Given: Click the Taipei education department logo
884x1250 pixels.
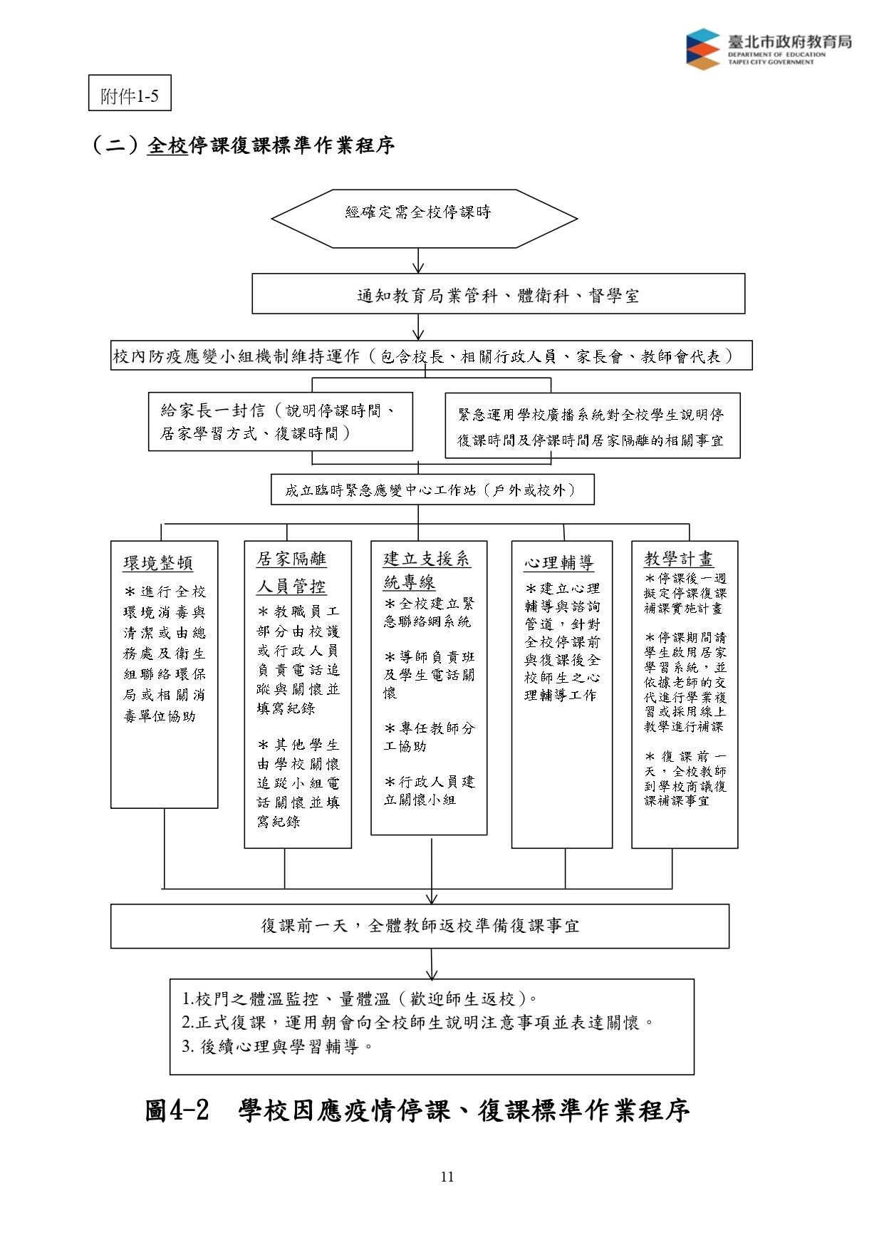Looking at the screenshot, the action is click(769, 49).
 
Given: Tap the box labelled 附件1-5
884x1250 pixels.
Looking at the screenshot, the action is click(130, 93).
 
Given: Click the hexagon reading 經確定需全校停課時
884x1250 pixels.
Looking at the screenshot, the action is click(425, 219).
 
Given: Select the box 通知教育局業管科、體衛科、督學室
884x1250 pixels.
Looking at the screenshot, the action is click(499, 294).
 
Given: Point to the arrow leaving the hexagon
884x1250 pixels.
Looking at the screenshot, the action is click(418, 261).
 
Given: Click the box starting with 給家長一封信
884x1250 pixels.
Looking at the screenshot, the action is click(281, 421).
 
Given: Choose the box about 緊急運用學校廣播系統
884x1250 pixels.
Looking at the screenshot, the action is click(593, 425).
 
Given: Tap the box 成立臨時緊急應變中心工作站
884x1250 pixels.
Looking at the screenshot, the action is click(432, 490).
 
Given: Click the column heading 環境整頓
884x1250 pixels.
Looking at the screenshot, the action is click(158, 563).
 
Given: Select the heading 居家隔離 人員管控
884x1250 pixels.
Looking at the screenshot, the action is click(292, 572).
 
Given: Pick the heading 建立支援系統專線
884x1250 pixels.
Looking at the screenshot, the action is click(427, 570).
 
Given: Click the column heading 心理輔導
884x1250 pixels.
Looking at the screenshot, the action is click(559, 563).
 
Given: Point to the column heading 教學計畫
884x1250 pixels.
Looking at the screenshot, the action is click(679, 559).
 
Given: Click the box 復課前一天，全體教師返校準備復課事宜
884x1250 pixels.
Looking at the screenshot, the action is click(420, 926).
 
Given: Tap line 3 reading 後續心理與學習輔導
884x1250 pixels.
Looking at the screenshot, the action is click(277, 1046).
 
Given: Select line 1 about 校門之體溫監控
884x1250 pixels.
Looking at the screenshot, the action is click(360, 998).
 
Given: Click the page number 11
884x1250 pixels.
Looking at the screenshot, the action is click(447, 1177).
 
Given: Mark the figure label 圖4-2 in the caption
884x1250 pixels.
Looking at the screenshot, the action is click(177, 1110).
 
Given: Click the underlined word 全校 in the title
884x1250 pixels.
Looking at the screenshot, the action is click(167, 145).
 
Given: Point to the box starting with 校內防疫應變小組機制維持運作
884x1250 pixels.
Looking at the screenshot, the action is click(432, 356).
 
